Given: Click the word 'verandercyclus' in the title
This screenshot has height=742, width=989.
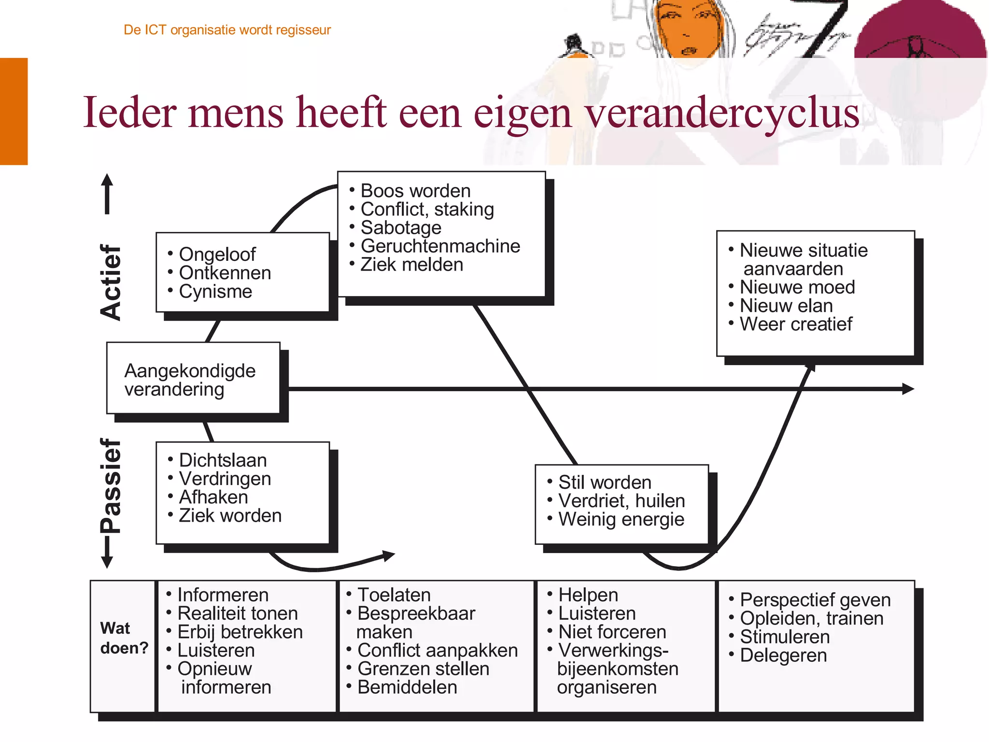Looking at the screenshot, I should click(x=722, y=114).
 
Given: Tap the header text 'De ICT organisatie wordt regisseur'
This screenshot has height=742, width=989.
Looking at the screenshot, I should click(x=227, y=30).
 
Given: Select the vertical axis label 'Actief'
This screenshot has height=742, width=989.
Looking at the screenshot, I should click(x=111, y=282).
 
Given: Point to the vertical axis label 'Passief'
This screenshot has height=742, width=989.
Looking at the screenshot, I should click(x=111, y=485).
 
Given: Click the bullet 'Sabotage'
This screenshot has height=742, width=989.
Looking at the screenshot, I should click(x=401, y=228).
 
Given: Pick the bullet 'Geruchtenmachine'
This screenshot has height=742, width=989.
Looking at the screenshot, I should click(x=440, y=246).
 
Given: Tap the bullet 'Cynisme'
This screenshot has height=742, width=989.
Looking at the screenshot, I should click(x=215, y=291).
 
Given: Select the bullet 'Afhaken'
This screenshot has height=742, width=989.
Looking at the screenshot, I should click(x=213, y=497).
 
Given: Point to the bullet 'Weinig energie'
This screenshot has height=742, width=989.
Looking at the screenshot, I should click(x=621, y=519).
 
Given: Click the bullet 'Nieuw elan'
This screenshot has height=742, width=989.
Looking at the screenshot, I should click(x=786, y=306).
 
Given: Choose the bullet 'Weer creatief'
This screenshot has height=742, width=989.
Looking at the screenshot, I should click(x=796, y=324).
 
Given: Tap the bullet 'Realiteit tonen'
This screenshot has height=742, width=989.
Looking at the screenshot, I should click(x=238, y=614).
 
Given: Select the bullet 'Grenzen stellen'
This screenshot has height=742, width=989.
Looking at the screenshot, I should click(x=423, y=669).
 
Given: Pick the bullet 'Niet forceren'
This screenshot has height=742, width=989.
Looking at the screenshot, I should click(x=612, y=632).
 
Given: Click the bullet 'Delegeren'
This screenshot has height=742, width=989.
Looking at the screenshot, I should click(x=783, y=656).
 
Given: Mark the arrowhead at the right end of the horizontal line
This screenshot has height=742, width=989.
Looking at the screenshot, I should click(x=908, y=389).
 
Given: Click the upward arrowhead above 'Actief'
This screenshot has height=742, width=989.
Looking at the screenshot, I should click(x=107, y=181).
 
